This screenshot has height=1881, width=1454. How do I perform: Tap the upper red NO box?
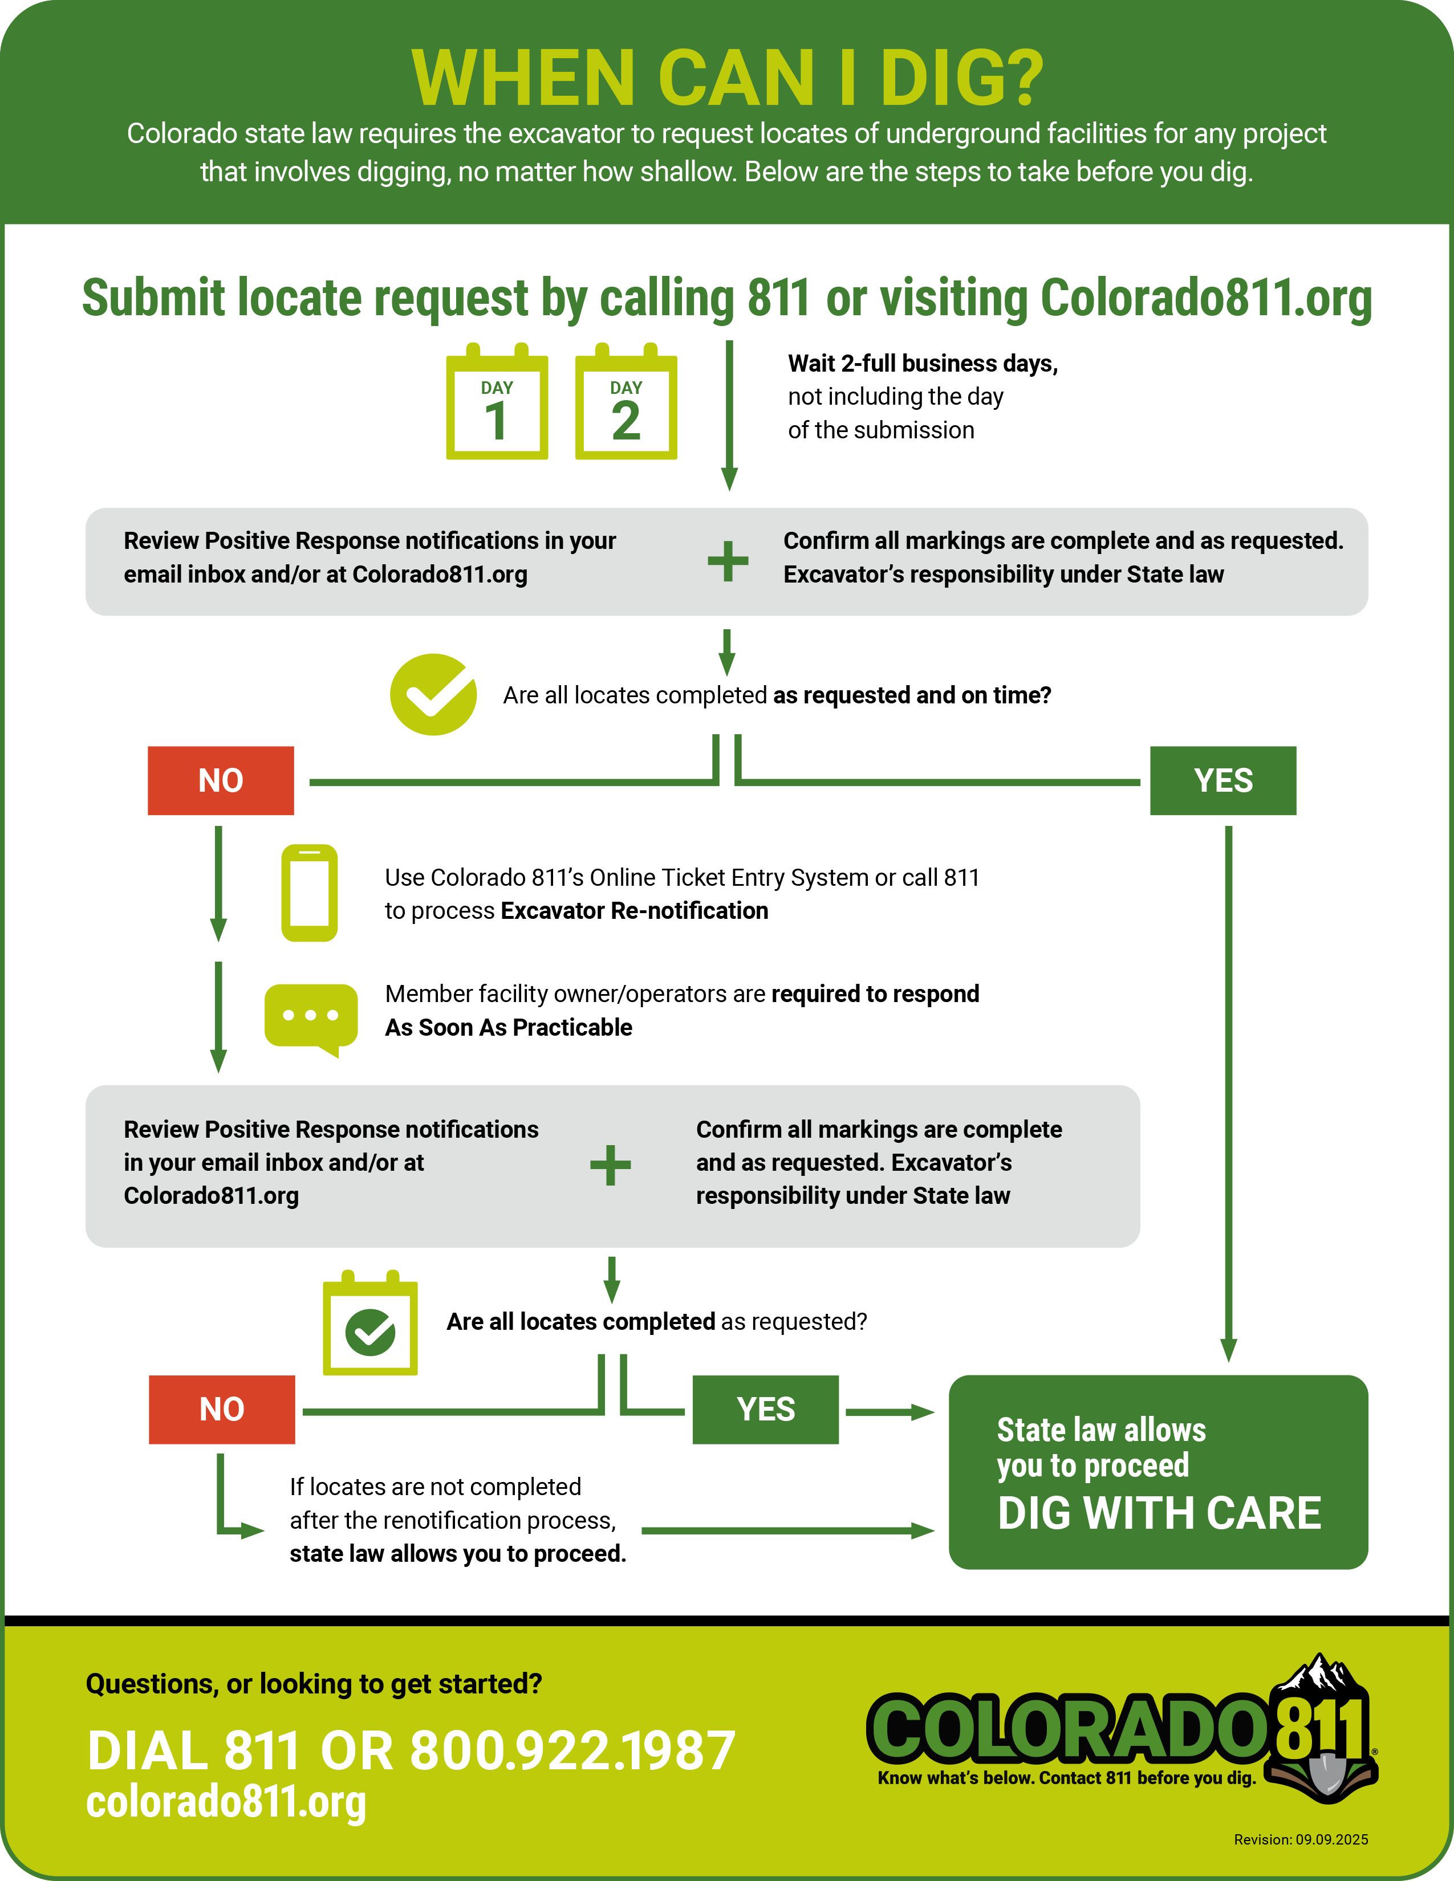click(x=221, y=780)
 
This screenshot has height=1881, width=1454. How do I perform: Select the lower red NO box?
click(x=221, y=1409)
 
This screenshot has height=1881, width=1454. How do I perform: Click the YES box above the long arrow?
click(x=1223, y=780)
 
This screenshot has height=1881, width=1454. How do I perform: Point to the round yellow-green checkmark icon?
click(x=433, y=694)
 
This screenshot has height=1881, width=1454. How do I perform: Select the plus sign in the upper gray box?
click(x=728, y=561)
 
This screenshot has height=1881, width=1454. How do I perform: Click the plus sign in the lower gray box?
click(x=610, y=1165)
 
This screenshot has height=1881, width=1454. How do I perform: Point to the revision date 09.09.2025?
click(x=1331, y=1839)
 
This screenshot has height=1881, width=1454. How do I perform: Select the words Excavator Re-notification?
click(x=634, y=910)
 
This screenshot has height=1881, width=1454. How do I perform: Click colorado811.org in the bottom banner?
click(x=226, y=1802)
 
